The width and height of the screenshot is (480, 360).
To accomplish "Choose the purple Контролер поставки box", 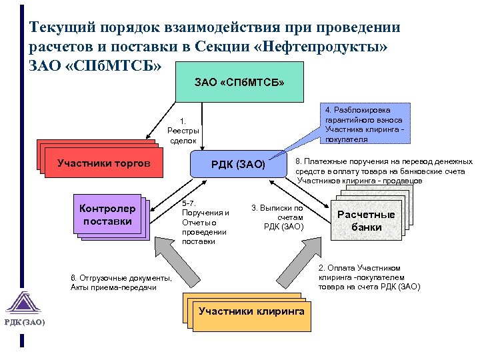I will coord(108,215).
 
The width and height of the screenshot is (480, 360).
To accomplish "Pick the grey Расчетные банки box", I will coord(366,221).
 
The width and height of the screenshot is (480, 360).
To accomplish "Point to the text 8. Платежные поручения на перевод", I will coord(383,171).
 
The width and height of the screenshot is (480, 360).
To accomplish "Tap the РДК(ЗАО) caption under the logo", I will coord(25,322).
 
